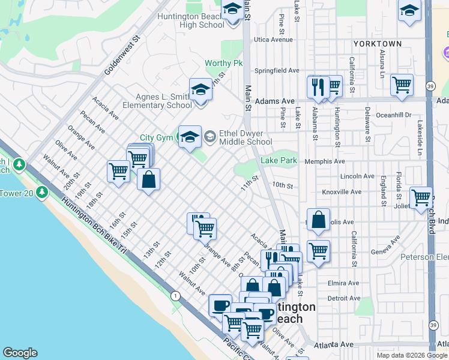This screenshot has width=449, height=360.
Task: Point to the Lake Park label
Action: (x=279, y=161)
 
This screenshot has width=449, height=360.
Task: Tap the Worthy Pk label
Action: (x=223, y=63)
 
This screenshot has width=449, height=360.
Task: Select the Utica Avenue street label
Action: (x=273, y=40)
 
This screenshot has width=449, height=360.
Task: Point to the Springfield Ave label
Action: (x=277, y=71)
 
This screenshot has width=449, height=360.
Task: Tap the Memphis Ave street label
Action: (x=324, y=161)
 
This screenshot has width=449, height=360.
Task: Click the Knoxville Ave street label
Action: (x=342, y=192)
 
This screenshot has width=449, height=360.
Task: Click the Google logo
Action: (x=20, y=353)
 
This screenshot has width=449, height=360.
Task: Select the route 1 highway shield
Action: (x=175, y=296)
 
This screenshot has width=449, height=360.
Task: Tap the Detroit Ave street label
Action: (x=343, y=298)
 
